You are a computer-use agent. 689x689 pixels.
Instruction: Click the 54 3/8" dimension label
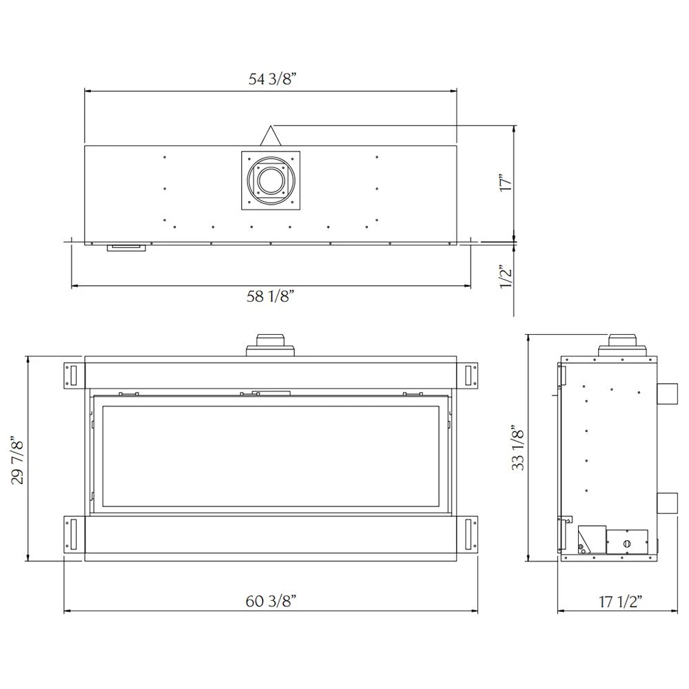(271, 79)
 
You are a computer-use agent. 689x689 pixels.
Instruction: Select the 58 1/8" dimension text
(271, 297)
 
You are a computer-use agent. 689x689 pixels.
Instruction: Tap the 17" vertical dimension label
(506, 183)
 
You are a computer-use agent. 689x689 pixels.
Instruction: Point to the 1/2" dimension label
(506, 280)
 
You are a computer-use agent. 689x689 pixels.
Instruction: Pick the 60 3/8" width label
(271, 601)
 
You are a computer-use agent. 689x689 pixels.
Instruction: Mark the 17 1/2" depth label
(617, 601)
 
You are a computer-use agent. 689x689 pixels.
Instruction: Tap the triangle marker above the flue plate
(270, 135)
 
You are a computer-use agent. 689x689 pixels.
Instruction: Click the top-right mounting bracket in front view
(470, 376)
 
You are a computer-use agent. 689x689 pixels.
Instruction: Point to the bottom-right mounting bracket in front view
(470, 534)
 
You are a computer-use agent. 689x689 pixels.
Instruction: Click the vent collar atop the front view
(270, 344)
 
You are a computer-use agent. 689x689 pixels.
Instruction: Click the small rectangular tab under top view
(126, 247)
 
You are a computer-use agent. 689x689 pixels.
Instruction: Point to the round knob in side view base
(626, 544)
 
